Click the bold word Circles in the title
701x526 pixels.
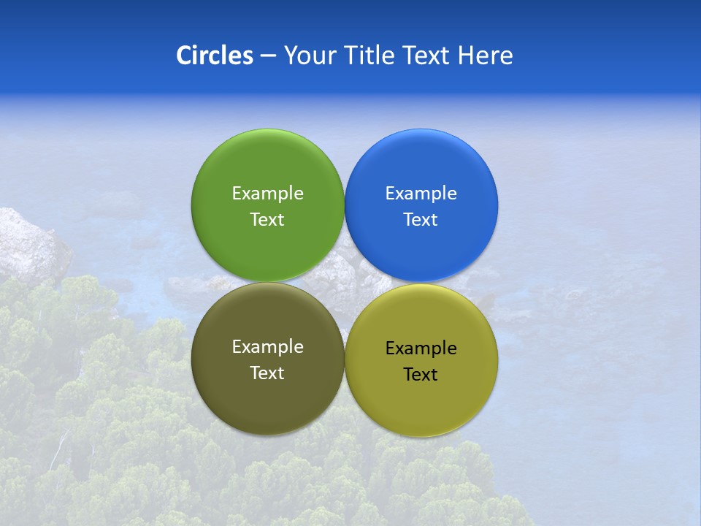pos(214,56)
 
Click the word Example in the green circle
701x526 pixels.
pos(267,193)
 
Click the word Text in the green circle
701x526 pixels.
pos(267,219)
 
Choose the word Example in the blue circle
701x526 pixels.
pos(421,193)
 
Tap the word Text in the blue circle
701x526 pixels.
pos(421,219)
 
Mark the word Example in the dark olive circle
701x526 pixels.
pos(267,346)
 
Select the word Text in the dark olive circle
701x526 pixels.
pos(267,373)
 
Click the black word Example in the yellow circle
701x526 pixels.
pos(421,348)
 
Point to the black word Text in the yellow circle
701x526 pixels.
pos(421,374)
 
